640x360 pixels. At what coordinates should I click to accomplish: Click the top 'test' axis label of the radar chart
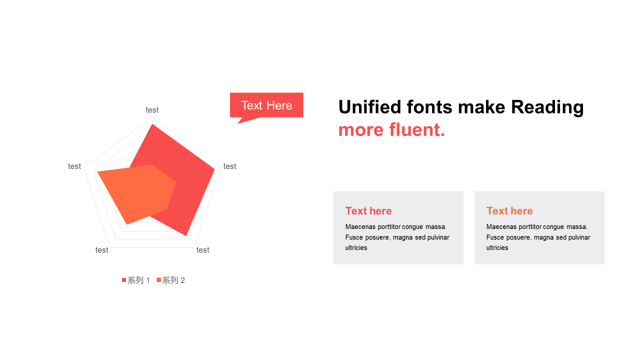coord(152,110)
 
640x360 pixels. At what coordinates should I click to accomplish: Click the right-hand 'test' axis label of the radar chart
coord(229,166)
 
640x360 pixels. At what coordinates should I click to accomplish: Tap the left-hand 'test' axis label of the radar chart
coord(74,166)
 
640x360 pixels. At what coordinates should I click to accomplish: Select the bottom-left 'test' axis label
coord(101,250)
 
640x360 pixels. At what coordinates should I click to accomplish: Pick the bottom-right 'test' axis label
coord(203,250)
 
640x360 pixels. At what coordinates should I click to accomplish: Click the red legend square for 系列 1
coord(124,280)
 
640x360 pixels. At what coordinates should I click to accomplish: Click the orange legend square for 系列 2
coord(158,280)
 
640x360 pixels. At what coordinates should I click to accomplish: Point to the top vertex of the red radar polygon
coord(152,124)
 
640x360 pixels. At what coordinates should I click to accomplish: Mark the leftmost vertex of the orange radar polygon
coord(97,172)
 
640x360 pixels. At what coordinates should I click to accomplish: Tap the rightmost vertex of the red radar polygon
coord(214,169)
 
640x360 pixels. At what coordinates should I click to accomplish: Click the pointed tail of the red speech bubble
coord(238,123)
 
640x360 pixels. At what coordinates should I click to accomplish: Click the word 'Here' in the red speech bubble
coord(279,105)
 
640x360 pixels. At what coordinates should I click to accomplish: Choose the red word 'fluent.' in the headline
coord(417,129)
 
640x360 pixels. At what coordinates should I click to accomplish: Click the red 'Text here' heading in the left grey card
coord(368,211)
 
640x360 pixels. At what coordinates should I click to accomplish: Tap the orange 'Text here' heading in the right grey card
coord(509,211)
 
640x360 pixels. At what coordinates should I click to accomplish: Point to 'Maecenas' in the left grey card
coord(360,227)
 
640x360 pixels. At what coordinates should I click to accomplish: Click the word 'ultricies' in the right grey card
coord(497,247)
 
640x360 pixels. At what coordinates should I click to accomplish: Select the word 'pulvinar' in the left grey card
coord(438,237)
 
